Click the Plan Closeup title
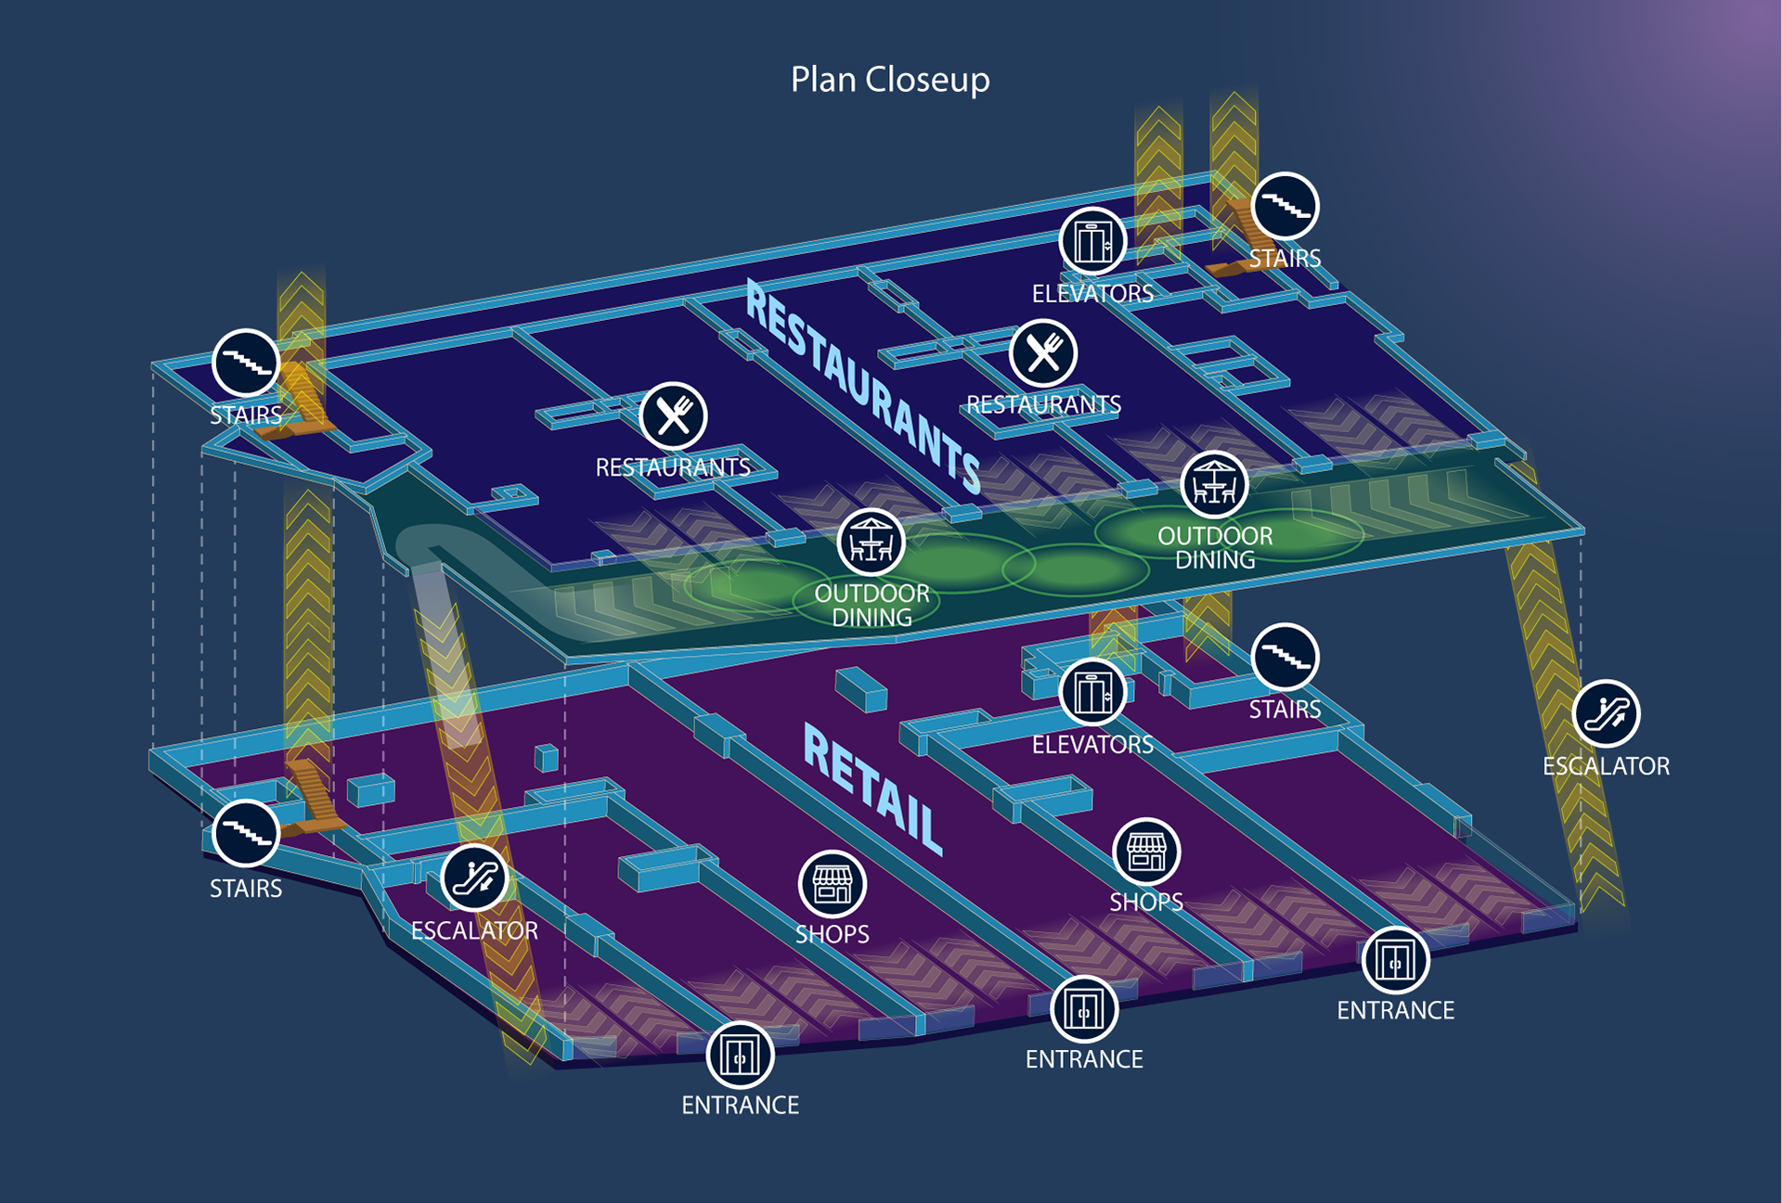point(890,80)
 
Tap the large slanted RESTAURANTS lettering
point(863,386)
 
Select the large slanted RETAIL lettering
point(872,789)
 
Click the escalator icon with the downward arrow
point(474,877)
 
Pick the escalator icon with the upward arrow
point(1607,713)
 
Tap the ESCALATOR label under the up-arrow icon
point(1606,766)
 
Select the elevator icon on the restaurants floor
point(1092,241)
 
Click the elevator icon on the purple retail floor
point(1092,693)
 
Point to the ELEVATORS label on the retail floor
point(1092,745)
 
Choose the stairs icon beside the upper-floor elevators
point(1285,206)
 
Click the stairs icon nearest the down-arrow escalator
point(246,833)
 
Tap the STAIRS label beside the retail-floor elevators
point(1285,710)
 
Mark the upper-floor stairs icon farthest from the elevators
point(246,363)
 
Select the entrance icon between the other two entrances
point(1083,1010)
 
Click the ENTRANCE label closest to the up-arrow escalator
point(1395,1010)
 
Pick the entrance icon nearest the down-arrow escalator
point(740,1056)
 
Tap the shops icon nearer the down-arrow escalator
point(833,884)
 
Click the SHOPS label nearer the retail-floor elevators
point(1146,902)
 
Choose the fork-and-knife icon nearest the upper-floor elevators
point(1043,352)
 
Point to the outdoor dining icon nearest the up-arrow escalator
point(1214,485)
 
